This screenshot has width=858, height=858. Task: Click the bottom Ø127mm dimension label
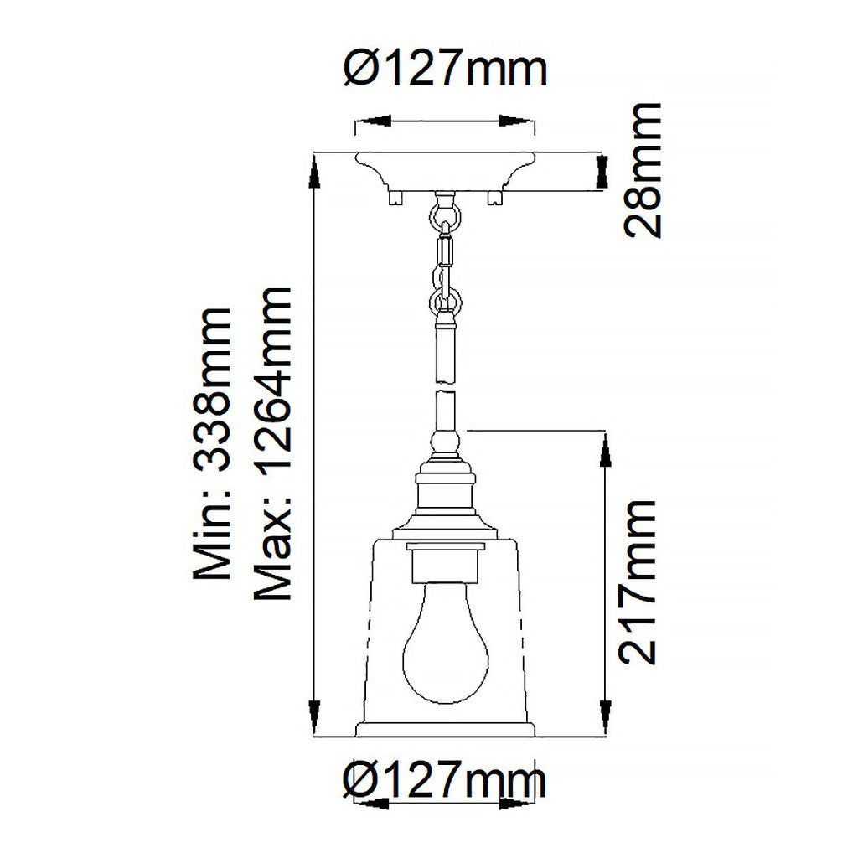tap(444, 781)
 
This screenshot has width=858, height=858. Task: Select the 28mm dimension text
tap(643, 170)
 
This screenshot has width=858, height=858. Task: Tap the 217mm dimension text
tap(637, 581)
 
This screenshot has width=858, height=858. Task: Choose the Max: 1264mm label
tap(272, 443)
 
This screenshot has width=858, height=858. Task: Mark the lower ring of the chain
tap(446, 302)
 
